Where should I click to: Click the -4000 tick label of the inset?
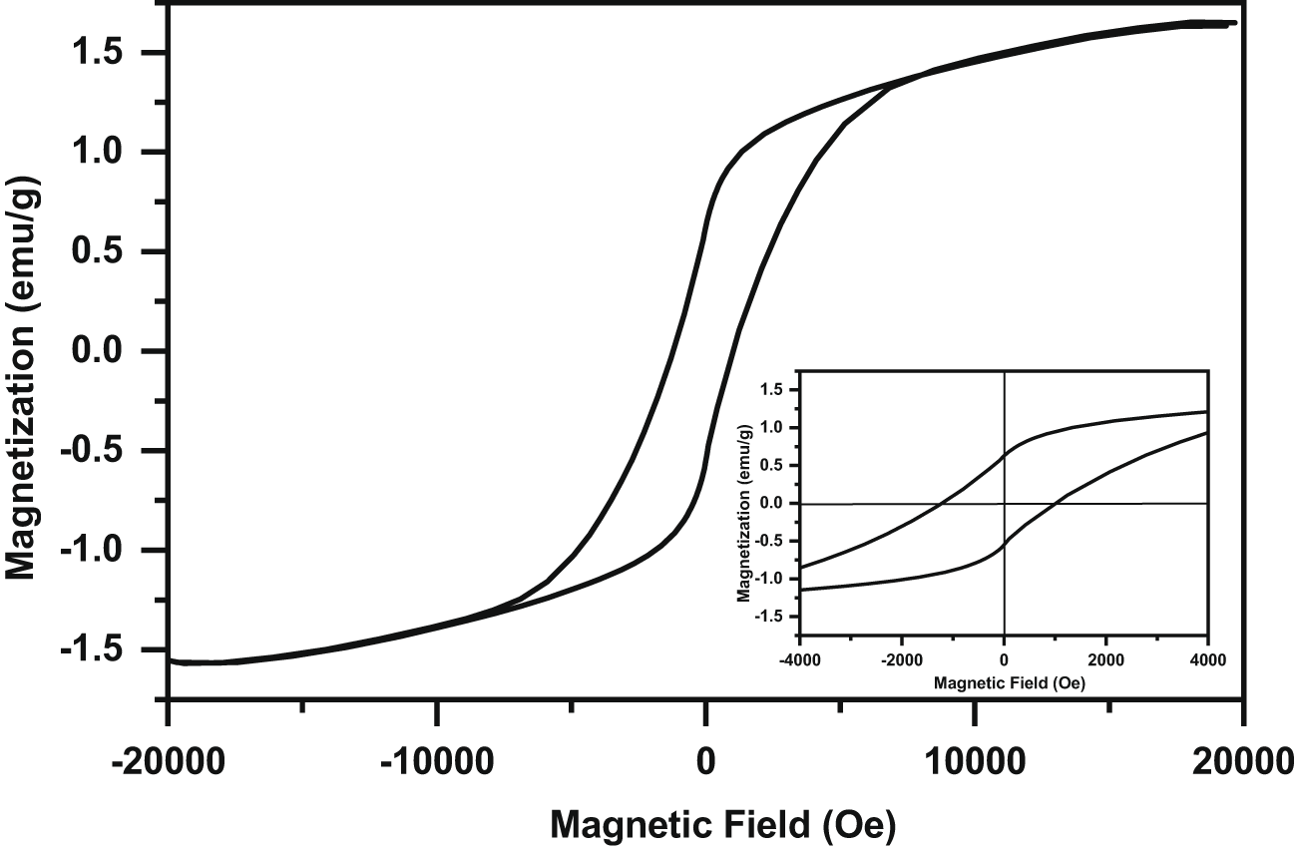click(797, 661)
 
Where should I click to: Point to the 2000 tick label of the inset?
click(1105, 661)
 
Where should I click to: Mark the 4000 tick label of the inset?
click(1207, 661)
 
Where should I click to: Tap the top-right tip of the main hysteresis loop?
click(1235, 22)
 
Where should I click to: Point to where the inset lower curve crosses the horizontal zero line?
click(1056, 504)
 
